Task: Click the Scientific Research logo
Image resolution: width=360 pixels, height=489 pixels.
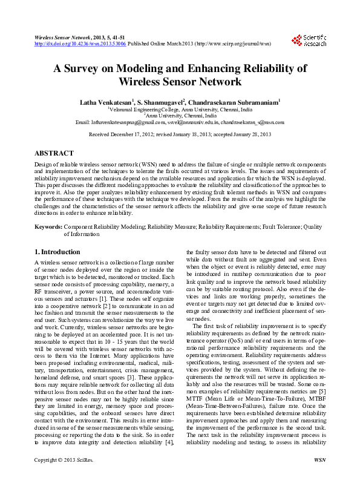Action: [309, 40]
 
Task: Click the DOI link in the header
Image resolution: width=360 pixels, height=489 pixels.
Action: [80, 44]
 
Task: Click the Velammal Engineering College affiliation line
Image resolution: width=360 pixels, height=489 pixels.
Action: [180, 110]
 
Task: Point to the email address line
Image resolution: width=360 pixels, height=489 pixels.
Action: [180, 122]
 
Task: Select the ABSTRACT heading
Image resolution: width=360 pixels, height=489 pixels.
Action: [54, 154]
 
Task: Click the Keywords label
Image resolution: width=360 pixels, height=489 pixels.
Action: [48, 226]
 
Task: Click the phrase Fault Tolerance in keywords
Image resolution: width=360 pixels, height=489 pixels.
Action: [280, 226]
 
